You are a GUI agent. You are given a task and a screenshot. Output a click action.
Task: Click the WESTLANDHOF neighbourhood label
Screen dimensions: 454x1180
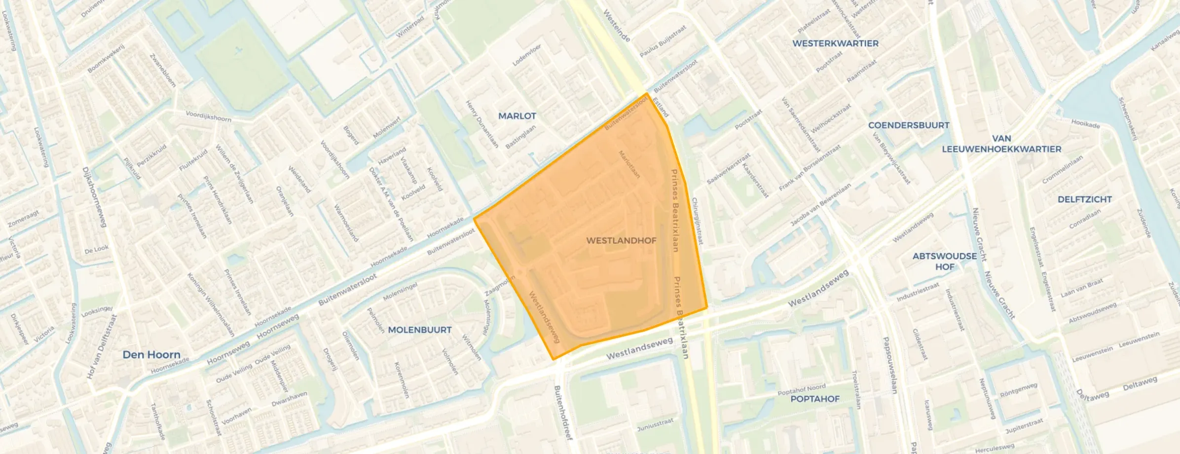(x=621, y=241)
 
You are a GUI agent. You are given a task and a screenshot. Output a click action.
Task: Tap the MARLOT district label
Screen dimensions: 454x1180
(x=517, y=116)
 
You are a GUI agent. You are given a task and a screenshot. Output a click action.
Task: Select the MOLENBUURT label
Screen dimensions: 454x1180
(x=420, y=330)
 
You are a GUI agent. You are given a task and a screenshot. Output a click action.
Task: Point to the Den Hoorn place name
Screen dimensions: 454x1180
(x=151, y=355)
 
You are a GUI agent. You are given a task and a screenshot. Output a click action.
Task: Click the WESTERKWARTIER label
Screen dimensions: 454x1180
(x=835, y=43)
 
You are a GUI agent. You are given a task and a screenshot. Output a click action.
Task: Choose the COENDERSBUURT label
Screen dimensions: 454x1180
(x=909, y=125)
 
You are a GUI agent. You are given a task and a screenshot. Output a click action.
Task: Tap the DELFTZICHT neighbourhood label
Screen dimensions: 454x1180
(x=1085, y=199)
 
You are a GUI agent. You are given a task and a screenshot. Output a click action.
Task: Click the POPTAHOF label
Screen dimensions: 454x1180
(x=815, y=399)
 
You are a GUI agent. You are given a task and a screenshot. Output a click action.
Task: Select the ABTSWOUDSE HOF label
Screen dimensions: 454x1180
(x=944, y=261)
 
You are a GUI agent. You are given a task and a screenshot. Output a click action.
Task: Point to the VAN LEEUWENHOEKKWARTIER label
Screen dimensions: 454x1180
(x=1001, y=144)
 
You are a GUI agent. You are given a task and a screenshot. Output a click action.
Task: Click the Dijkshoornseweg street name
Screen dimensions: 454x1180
(x=94, y=197)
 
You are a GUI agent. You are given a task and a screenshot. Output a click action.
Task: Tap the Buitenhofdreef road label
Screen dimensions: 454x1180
(x=563, y=413)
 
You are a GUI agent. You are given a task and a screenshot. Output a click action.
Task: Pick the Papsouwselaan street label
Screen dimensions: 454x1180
(x=889, y=365)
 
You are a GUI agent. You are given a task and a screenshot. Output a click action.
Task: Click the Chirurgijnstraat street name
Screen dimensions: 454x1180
(x=697, y=221)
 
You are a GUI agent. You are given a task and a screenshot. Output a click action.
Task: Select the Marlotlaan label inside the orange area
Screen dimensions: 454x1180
(x=629, y=164)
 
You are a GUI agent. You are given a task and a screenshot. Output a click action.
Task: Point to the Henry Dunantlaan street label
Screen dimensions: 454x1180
(x=482, y=124)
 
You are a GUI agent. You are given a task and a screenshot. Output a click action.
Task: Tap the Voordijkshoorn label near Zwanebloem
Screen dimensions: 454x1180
(x=208, y=116)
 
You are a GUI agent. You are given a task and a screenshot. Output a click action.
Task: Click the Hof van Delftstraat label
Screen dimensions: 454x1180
(x=102, y=347)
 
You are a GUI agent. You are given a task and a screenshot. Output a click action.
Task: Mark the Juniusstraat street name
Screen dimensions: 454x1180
(x=655, y=424)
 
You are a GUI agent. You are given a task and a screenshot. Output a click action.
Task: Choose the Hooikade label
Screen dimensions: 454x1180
(x=1085, y=124)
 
